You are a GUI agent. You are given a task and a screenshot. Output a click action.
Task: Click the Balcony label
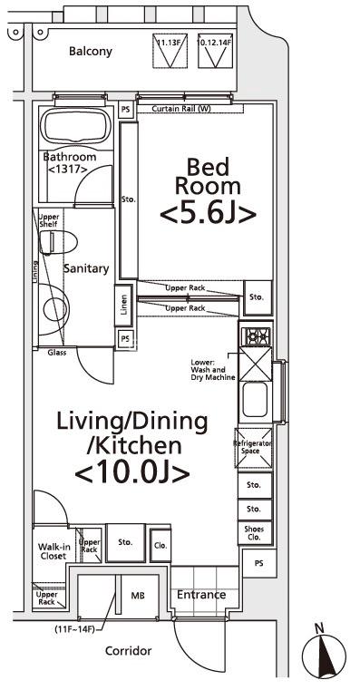tap(90, 52)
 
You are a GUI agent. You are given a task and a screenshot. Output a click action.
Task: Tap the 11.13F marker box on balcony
tap(167, 53)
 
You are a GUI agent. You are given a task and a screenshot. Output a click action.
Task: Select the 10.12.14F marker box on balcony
tap(214, 53)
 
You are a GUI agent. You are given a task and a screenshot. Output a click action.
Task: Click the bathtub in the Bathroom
tap(76, 131)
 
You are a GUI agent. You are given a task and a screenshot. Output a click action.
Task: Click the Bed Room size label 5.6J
tap(206, 214)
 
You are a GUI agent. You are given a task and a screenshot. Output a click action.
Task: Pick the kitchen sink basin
tap(254, 398)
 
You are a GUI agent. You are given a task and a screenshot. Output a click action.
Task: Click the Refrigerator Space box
tap(253, 447)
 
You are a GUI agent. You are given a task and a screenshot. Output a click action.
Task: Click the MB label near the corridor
tap(138, 596)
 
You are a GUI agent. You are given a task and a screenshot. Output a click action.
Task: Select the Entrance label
tap(200, 596)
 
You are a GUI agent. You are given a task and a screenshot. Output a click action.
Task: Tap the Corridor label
tap(128, 651)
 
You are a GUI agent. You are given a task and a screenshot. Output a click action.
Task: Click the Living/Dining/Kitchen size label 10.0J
tap(131, 472)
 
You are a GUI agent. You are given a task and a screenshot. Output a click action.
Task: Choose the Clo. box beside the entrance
tap(160, 545)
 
